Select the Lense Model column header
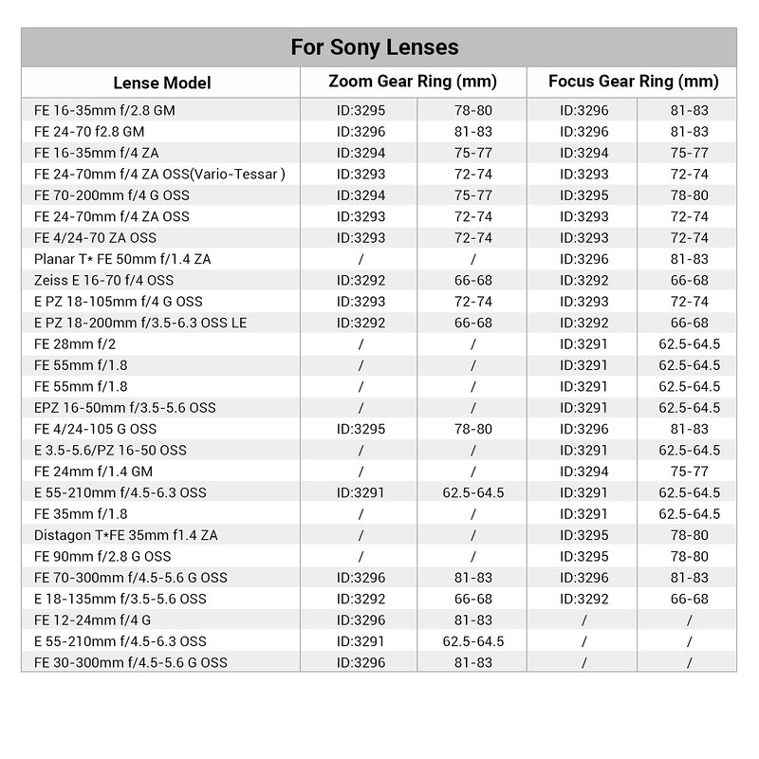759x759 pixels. pyautogui.click(x=162, y=83)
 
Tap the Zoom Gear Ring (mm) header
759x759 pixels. pyautogui.click(x=413, y=81)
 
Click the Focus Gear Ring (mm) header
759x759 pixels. pyautogui.click(x=633, y=81)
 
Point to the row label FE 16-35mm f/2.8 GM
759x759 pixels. pyautogui.click(x=104, y=110)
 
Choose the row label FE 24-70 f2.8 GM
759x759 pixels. pyautogui.click(x=89, y=131)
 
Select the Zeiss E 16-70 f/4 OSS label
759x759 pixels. pyautogui.click(x=103, y=280)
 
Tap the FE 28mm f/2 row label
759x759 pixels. pyautogui.click(x=73, y=343)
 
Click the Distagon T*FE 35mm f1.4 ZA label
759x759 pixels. pyautogui.click(x=126, y=535)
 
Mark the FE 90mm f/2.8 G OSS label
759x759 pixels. pyautogui.click(x=102, y=556)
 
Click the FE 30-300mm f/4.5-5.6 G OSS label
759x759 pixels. pyautogui.click(x=130, y=662)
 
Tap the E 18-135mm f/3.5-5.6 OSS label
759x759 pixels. pyautogui.click(x=120, y=599)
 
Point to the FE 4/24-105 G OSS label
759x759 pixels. pyautogui.click(x=96, y=429)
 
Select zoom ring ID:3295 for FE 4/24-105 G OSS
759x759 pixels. pyautogui.click(x=361, y=429)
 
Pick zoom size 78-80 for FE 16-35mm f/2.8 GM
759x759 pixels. pyautogui.click(x=473, y=110)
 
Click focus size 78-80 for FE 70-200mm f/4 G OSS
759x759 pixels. pyautogui.click(x=690, y=194)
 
